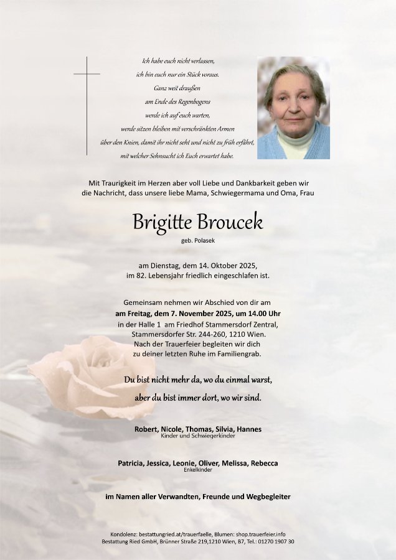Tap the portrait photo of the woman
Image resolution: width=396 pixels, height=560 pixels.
[293, 108]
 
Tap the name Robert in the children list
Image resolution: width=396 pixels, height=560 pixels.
[146, 429]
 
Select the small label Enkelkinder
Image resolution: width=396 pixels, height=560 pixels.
[198, 470]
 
